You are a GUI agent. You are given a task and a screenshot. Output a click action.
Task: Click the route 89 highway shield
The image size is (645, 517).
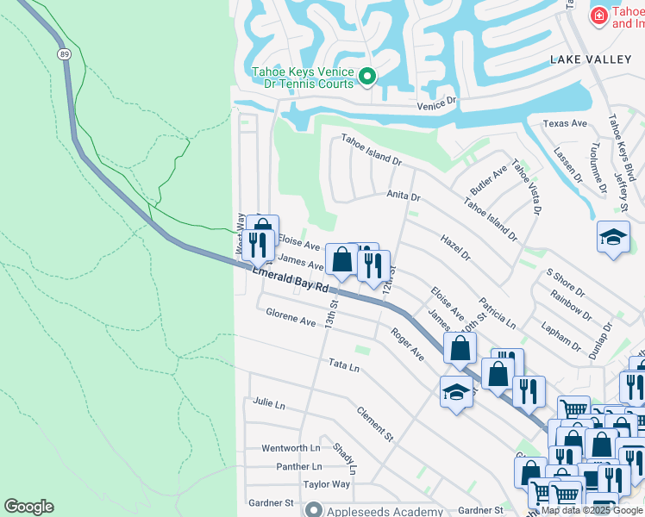[65, 53]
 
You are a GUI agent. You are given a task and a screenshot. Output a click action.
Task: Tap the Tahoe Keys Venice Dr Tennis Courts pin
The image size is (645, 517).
[366, 78]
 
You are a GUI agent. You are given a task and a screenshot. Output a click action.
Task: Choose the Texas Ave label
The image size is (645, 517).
[565, 123]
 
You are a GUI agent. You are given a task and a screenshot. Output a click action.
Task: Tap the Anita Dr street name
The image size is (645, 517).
[403, 196]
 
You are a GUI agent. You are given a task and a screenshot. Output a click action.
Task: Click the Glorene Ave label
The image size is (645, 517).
[291, 320]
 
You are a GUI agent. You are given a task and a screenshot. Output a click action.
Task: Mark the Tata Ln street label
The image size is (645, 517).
[343, 365]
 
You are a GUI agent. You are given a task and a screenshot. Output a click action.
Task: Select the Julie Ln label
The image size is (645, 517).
[268, 402]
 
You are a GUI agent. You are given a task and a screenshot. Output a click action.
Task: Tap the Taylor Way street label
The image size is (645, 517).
[327, 484]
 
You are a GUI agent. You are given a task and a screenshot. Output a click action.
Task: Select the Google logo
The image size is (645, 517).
[28, 507]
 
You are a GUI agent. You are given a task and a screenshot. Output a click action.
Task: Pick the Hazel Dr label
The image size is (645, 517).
[455, 247]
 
